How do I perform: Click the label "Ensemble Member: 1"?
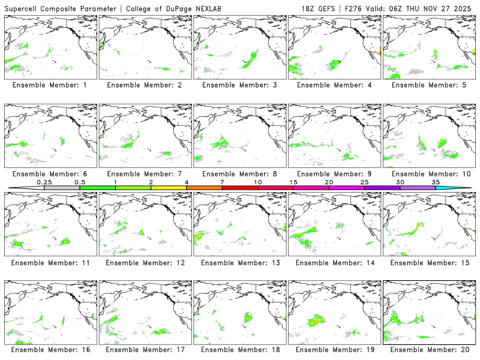point(49,85)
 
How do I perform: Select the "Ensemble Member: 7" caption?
point(144,174)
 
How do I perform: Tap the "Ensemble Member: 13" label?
point(238,263)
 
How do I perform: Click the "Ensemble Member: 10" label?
point(428,174)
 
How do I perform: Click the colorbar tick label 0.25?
point(44,182)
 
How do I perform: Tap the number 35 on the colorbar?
point(436,182)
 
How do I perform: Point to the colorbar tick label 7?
point(222,182)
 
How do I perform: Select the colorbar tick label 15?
point(293,182)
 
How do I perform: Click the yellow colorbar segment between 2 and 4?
point(169,188)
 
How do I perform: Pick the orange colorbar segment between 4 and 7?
point(204,188)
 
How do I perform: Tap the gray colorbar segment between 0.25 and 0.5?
point(62,188)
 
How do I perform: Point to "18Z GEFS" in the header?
point(321,8)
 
